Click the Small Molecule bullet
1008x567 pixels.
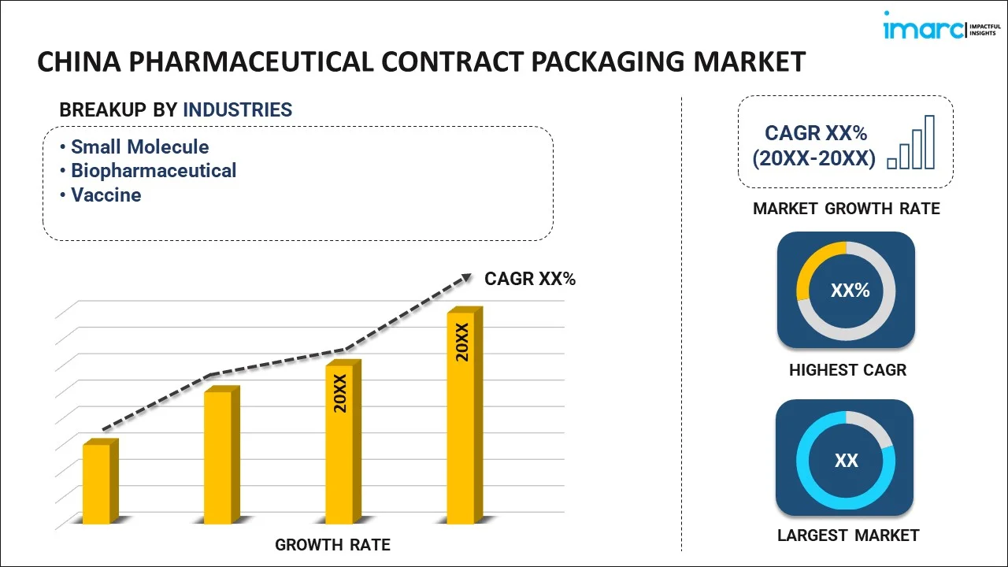[x=139, y=146]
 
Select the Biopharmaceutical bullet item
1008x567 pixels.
[x=153, y=170]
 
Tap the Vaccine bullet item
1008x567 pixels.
[x=106, y=195]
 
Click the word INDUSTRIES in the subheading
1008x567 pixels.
[x=237, y=110]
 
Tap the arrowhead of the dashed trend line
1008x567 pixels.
[x=465, y=276]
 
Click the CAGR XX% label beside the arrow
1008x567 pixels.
[x=530, y=278]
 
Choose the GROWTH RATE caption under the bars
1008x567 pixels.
[x=332, y=544]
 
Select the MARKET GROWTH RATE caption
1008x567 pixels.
[x=846, y=209]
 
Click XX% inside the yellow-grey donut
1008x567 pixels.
[x=850, y=291]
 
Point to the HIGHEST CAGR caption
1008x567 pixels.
[x=847, y=369]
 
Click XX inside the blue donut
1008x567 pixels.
[x=846, y=461]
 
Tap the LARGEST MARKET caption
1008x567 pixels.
[x=847, y=535]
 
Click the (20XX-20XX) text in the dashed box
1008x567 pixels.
[x=813, y=158]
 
